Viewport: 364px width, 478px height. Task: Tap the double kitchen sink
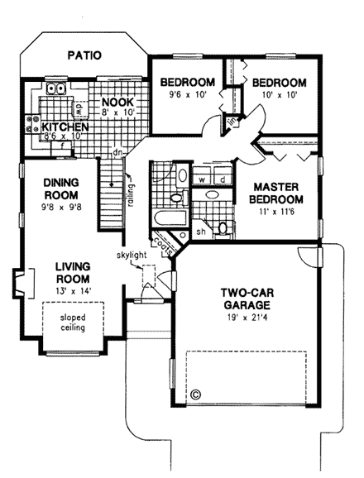(56, 88)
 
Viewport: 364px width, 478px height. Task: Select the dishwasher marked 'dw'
(77, 107)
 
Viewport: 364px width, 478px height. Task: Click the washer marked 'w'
(201, 179)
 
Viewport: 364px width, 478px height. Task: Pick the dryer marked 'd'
(222, 179)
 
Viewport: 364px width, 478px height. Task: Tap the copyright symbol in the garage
(196, 394)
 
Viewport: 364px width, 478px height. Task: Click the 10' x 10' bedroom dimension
(278, 95)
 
